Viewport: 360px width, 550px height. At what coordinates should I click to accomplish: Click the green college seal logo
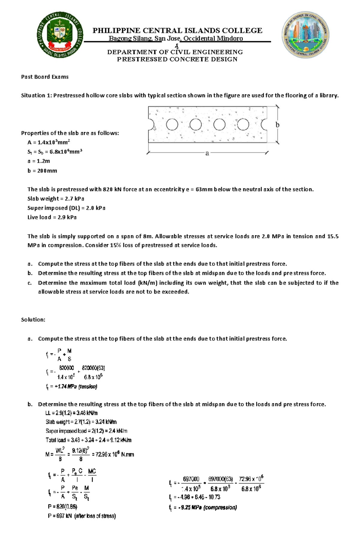pyautogui.click(x=60, y=35)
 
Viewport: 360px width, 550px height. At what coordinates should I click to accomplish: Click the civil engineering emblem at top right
pyautogui.click(x=305, y=35)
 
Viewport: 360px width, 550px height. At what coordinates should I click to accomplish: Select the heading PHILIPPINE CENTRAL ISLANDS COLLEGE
pyautogui.click(x=177, y=31)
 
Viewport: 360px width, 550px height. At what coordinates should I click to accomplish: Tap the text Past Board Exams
pyautogui.click(x=45, y=77)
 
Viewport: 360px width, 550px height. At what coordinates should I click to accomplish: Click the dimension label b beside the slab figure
pyautogui.click(x=277, y=125)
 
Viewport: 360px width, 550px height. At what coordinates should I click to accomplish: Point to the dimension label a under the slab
pyautogui.click(x=207, y=153)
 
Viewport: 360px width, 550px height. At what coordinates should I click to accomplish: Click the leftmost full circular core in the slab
pyautogui.click(x=172, y=124)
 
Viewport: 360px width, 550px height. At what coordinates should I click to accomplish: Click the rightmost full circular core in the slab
pyautogui.click(x=243, y=124)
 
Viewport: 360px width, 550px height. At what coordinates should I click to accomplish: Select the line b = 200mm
pyautogui.click(x=42, y=171)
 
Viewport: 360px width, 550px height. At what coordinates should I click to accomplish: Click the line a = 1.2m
pyautogui.click(x=39, y=161)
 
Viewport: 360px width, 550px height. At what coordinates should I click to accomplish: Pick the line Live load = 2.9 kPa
pyautogui.click(x=52, y=217)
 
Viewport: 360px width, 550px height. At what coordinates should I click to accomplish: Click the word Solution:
pyautogui.click(x=33, y=320)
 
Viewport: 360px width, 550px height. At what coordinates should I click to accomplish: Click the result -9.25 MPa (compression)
pyautogui.click(x=207, y=507)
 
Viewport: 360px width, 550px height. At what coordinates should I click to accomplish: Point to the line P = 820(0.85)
pyautogui.click(x=62, y=507)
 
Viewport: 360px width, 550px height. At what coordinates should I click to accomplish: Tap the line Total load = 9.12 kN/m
pyautogui.click(x=88, y=440)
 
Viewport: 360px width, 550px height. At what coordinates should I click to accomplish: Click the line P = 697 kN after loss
pyautogui.click(x=82, y=516)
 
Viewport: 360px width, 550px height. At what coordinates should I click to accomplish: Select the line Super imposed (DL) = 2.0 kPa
pyautogui.click(x=66, y=208)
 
